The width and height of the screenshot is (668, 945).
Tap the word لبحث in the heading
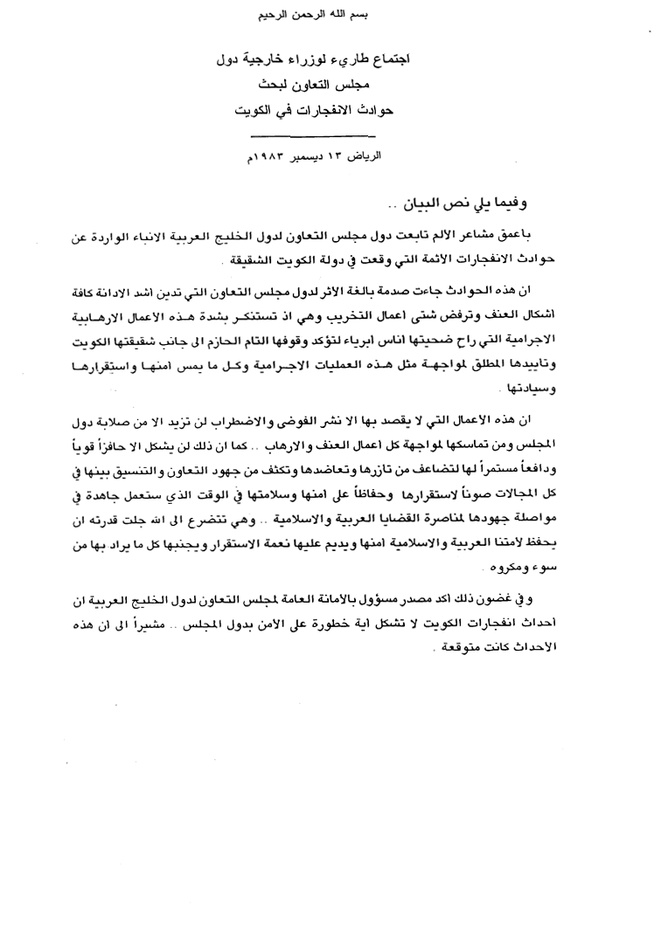click(x=280, y=87)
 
